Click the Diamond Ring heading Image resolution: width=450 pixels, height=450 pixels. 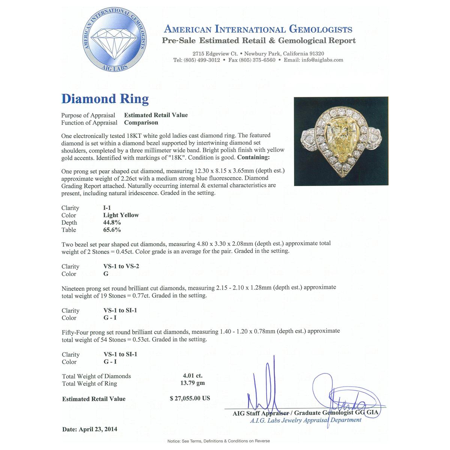point(105,99)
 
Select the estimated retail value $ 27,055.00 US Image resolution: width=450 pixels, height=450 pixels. point(190,398)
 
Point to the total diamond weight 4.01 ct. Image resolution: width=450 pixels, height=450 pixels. point(192,376)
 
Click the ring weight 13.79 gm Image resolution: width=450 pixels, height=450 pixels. point(192,383)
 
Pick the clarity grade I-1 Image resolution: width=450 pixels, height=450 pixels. point(107,208)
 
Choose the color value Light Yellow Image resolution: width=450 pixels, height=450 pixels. point(121,215)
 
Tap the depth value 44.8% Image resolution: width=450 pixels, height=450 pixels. point(112,222)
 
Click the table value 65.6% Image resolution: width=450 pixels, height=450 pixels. point(112,230)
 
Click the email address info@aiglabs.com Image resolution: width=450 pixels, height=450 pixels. point(322,60)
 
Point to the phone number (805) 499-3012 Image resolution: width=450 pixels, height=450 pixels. point(202,60)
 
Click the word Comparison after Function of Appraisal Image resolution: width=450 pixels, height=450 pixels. point(141,123)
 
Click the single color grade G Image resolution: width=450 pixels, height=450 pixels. point(106,274)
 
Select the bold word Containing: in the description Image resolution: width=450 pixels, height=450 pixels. point(253,157)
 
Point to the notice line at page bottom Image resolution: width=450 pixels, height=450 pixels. point(219,441)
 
